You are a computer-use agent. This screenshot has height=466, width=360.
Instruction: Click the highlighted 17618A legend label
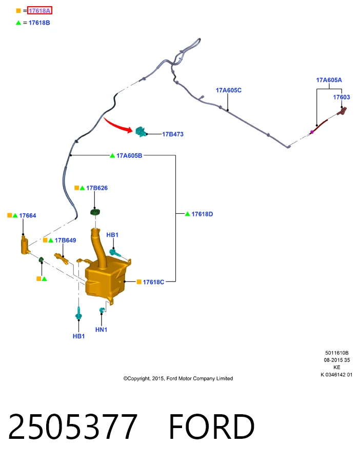click(x=39, y=11)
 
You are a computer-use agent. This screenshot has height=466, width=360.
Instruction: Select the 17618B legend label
click(x=39, y=23)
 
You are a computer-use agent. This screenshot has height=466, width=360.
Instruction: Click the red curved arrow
click(x=117, y=125)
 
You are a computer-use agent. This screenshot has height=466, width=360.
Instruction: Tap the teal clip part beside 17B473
click(x=141, y=131)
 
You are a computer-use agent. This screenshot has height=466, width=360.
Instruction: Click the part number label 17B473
click(x=173, y=134)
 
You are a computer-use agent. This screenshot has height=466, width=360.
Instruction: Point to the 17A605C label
click(x=229, y=90)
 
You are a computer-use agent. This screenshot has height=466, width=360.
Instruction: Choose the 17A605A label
click(x=329, y=80)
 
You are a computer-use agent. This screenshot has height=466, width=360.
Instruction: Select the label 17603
click(x=341, y=97)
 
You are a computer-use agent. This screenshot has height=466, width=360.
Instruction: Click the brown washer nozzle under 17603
click(x=342, y=111)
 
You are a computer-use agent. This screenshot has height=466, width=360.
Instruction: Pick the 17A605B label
click(x=129, y=155)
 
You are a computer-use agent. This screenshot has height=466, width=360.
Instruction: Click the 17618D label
click(x=202, y=214)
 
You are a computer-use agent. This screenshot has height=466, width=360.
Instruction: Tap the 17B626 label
click(x=97, y=188)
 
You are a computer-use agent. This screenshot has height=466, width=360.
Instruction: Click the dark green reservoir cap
click(x=95, y=212)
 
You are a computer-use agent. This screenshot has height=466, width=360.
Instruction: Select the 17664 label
click(x=28, y=215)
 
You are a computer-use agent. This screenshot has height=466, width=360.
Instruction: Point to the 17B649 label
click(x=66, y=240)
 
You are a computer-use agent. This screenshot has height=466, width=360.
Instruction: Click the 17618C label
click(x=153, y=282)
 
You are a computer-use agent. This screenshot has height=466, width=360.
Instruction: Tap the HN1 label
click(x=102, y=330)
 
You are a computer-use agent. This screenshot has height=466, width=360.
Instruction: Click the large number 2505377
click(x=72, y=427)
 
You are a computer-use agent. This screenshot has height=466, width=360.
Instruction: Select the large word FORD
click(x=212, y=427)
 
